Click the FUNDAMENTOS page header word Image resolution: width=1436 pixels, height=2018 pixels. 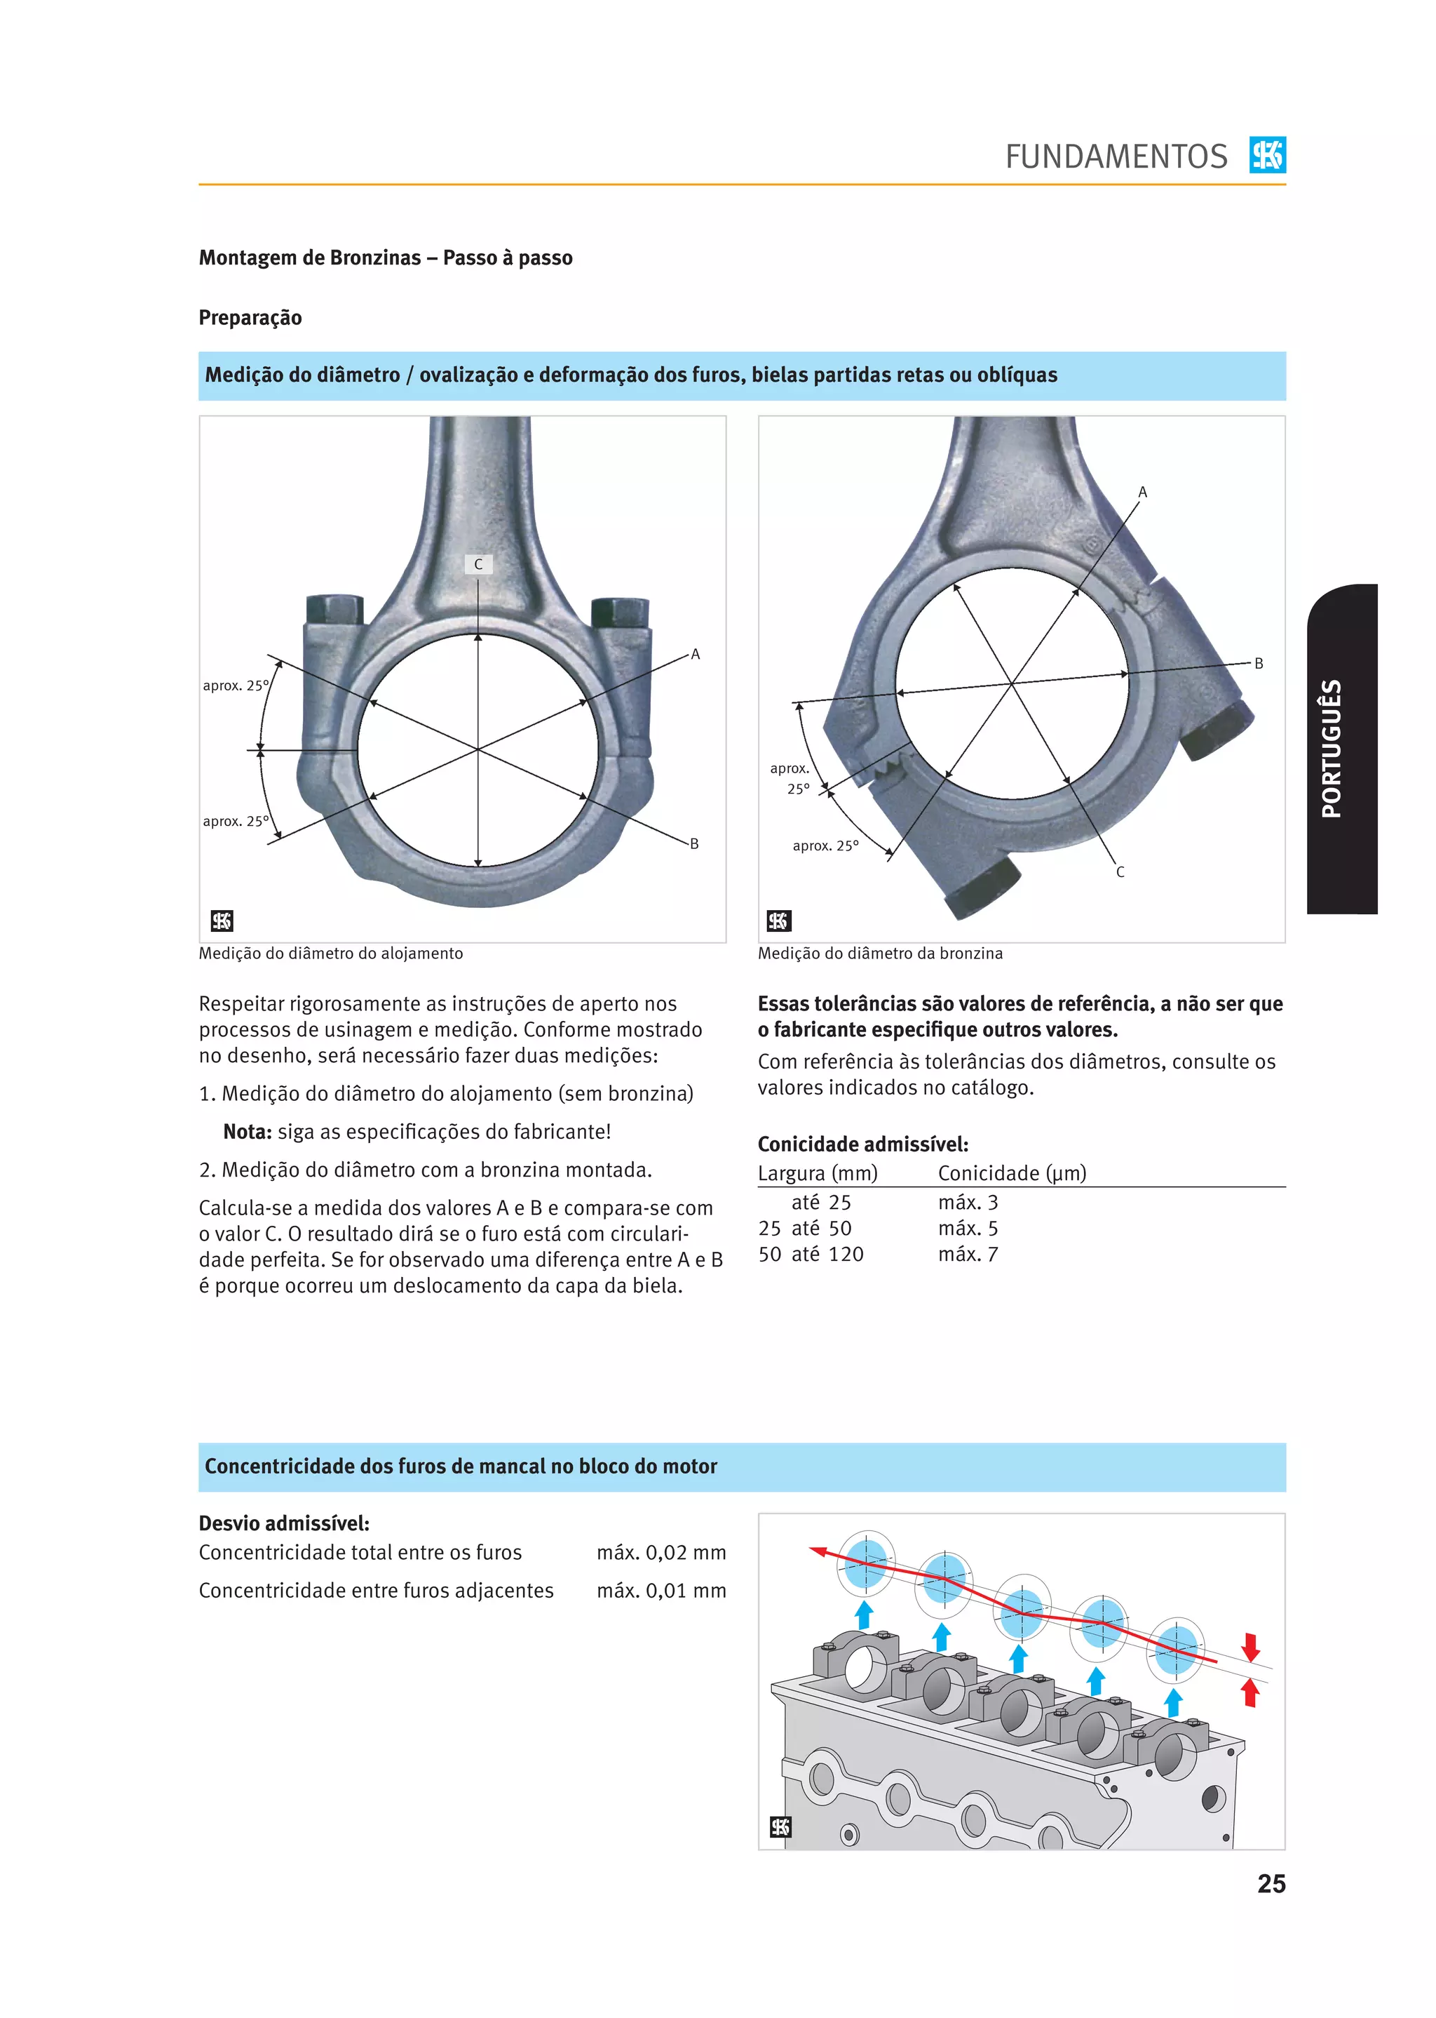point(1115,156)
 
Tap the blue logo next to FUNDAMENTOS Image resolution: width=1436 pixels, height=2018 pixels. point(1267,155)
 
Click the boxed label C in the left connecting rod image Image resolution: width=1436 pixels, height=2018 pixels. point(478,563)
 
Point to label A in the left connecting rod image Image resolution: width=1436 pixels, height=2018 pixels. point(695,654)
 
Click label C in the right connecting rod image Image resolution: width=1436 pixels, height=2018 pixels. point(1120,871)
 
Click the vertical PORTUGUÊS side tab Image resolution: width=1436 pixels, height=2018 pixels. point(1332,747)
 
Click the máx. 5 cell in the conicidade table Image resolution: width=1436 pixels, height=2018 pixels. point(968,1228)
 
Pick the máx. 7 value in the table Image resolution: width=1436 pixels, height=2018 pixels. point(968,1254)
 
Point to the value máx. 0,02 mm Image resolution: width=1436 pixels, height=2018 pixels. point(661,1552)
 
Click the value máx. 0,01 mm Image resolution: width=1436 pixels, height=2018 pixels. point(661,1590)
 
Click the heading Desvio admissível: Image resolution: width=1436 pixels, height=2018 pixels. point(284,1523)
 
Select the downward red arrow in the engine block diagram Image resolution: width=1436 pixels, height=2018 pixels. point(1250,1646)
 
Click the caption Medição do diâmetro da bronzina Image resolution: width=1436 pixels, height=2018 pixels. point(880,953)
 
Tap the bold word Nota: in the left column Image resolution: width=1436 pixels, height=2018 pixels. point(247,1132)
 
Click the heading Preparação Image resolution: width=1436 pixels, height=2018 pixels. point(250,318)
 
